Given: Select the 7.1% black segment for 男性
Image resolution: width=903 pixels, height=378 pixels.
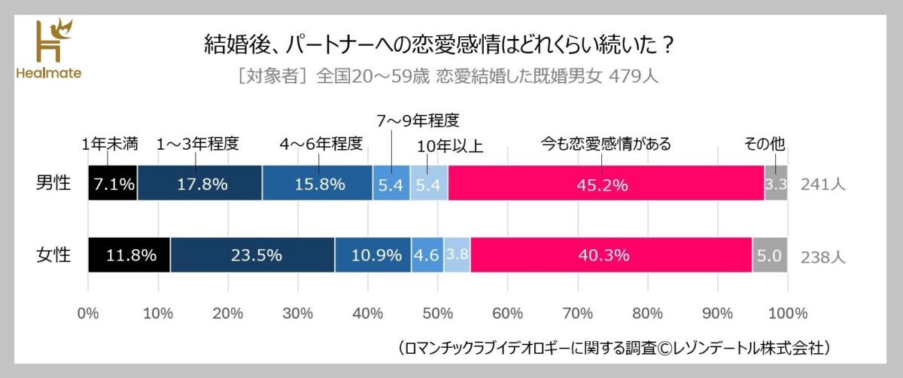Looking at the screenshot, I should click(113, 183).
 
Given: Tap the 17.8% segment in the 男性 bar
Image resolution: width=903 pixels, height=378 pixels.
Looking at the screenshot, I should click(199, 183).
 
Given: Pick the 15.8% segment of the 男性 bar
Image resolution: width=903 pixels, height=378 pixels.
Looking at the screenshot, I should click(317, 183).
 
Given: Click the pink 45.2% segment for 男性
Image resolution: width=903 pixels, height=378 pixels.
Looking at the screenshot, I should click(606, 183).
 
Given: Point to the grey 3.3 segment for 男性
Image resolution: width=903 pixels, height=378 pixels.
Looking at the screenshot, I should click(776, 183).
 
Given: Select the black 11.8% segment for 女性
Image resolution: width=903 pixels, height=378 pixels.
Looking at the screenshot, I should click(129, 255).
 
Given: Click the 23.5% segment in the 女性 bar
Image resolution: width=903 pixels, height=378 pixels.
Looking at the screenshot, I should click(252, 255).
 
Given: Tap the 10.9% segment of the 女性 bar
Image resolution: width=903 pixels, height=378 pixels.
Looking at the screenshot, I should click(372, 255).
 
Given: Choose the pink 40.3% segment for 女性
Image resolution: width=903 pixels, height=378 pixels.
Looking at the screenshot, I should click(610, 255).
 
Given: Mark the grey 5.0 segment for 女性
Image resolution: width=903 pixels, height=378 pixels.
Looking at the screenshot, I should click(770, 255).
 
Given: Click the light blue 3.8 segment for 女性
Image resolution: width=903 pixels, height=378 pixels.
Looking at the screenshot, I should click(457, 255).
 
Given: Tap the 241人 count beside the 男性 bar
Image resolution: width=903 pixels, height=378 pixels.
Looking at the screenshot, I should click(823, 184).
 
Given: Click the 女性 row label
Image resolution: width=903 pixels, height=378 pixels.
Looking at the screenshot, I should click(54, 255).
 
